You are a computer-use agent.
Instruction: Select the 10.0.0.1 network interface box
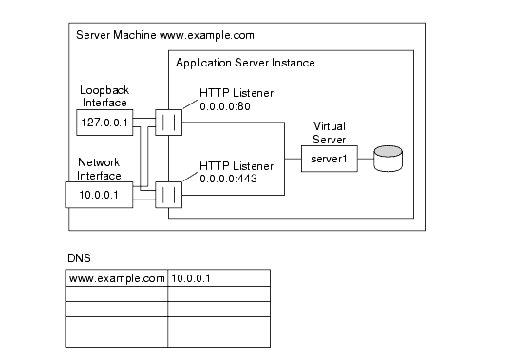pyautogui.click(x=98, y=195)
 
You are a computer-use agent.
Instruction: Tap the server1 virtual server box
pyautogui.click(x=329, y=160)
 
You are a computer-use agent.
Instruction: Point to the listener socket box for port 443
pyautogui.click(x=168, y=194)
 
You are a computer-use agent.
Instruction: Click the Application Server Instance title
pyautogui.click(x=245, y=63)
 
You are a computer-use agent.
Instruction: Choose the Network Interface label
pyautogui.click(x=101, y=168)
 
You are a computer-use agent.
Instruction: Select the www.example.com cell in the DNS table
pyautogui.click(x=116, y=278)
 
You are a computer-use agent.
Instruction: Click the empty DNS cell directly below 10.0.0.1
pyautogui.click(x=218, y=294)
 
